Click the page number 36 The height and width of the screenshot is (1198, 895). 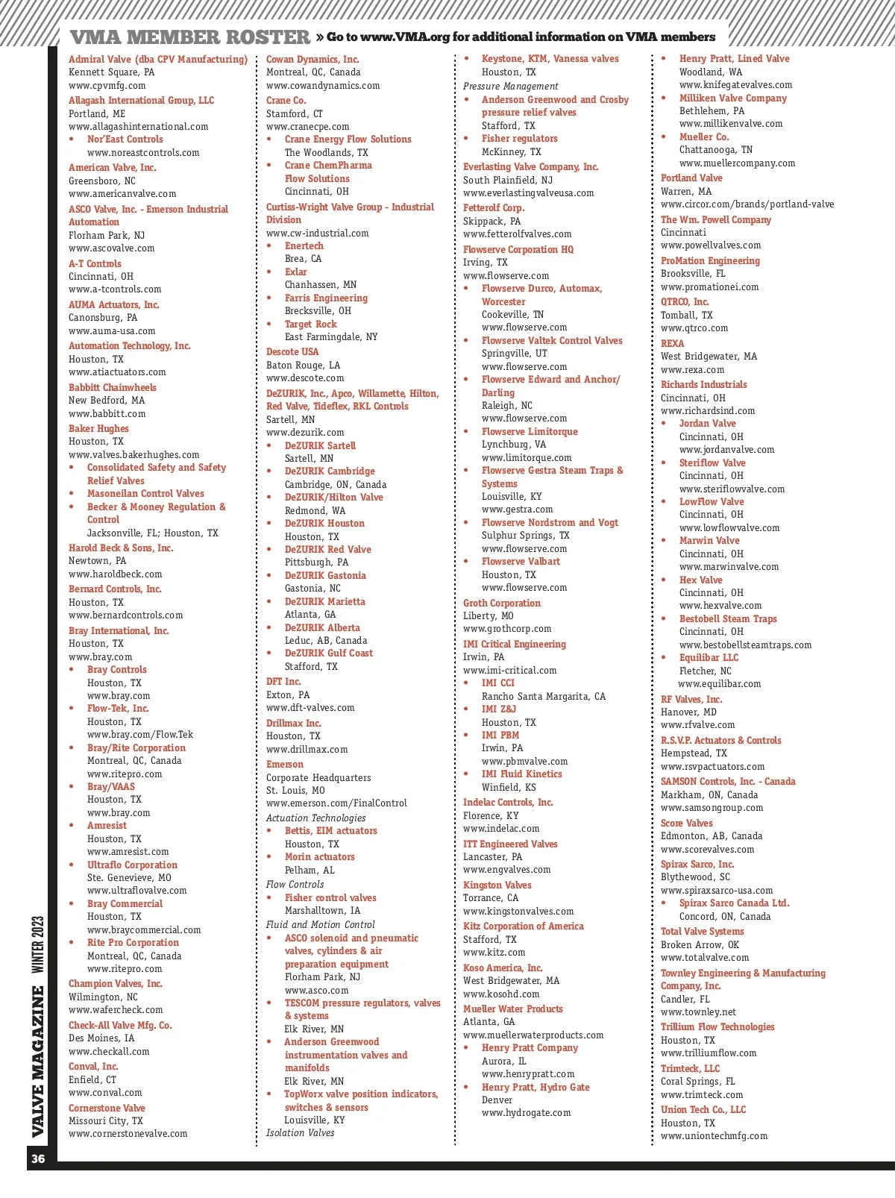point(38,1158)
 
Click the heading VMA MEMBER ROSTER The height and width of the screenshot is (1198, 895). point(189,37)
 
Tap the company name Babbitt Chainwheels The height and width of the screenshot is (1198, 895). point(113,387)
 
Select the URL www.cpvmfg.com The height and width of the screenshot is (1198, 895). point(107,86)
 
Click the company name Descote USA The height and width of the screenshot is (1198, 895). point(292,352)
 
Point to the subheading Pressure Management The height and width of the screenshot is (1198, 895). point(510,87)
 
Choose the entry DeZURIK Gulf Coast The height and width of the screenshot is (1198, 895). point(328,653)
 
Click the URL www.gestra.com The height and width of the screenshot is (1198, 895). point(517,509)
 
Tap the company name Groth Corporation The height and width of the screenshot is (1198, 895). point(501,603)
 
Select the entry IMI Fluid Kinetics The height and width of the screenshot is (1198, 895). point(521,774)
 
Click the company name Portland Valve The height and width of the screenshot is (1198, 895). point(691,178)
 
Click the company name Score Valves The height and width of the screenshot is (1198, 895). point(686,824)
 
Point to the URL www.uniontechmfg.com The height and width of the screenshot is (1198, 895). point(714,1136)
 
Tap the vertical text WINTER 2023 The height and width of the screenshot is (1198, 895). point(38,944)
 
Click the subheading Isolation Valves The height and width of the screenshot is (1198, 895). point(300,1133)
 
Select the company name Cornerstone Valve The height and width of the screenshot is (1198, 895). point(107,1108)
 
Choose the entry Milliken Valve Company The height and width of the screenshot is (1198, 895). point(732,98)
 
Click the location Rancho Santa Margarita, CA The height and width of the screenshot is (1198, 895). point(543,697)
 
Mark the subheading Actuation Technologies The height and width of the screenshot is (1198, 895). point(315,818)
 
